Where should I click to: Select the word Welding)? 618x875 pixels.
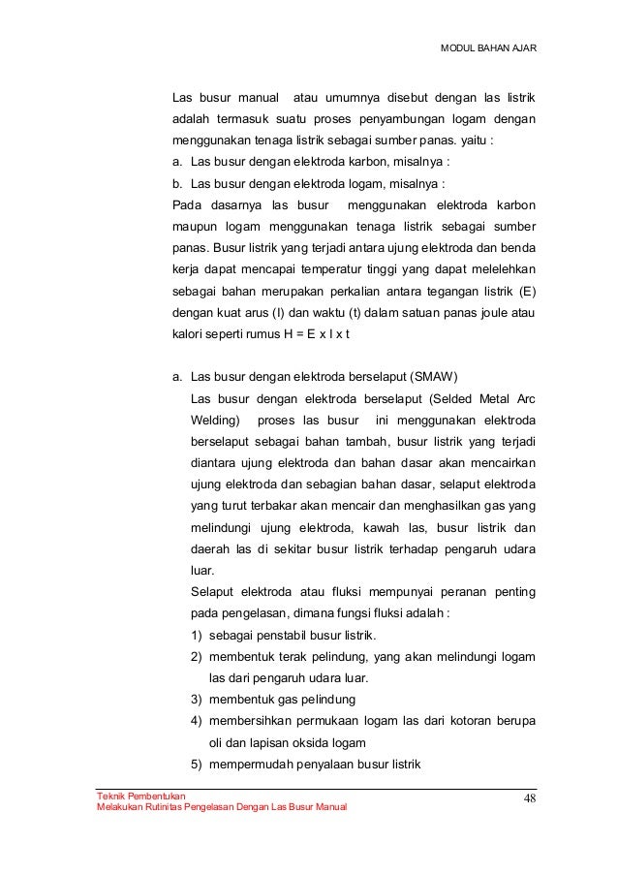pos(216,420)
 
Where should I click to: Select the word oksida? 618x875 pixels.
pos(308,742)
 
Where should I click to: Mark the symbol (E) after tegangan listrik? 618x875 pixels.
pos(527,291)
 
